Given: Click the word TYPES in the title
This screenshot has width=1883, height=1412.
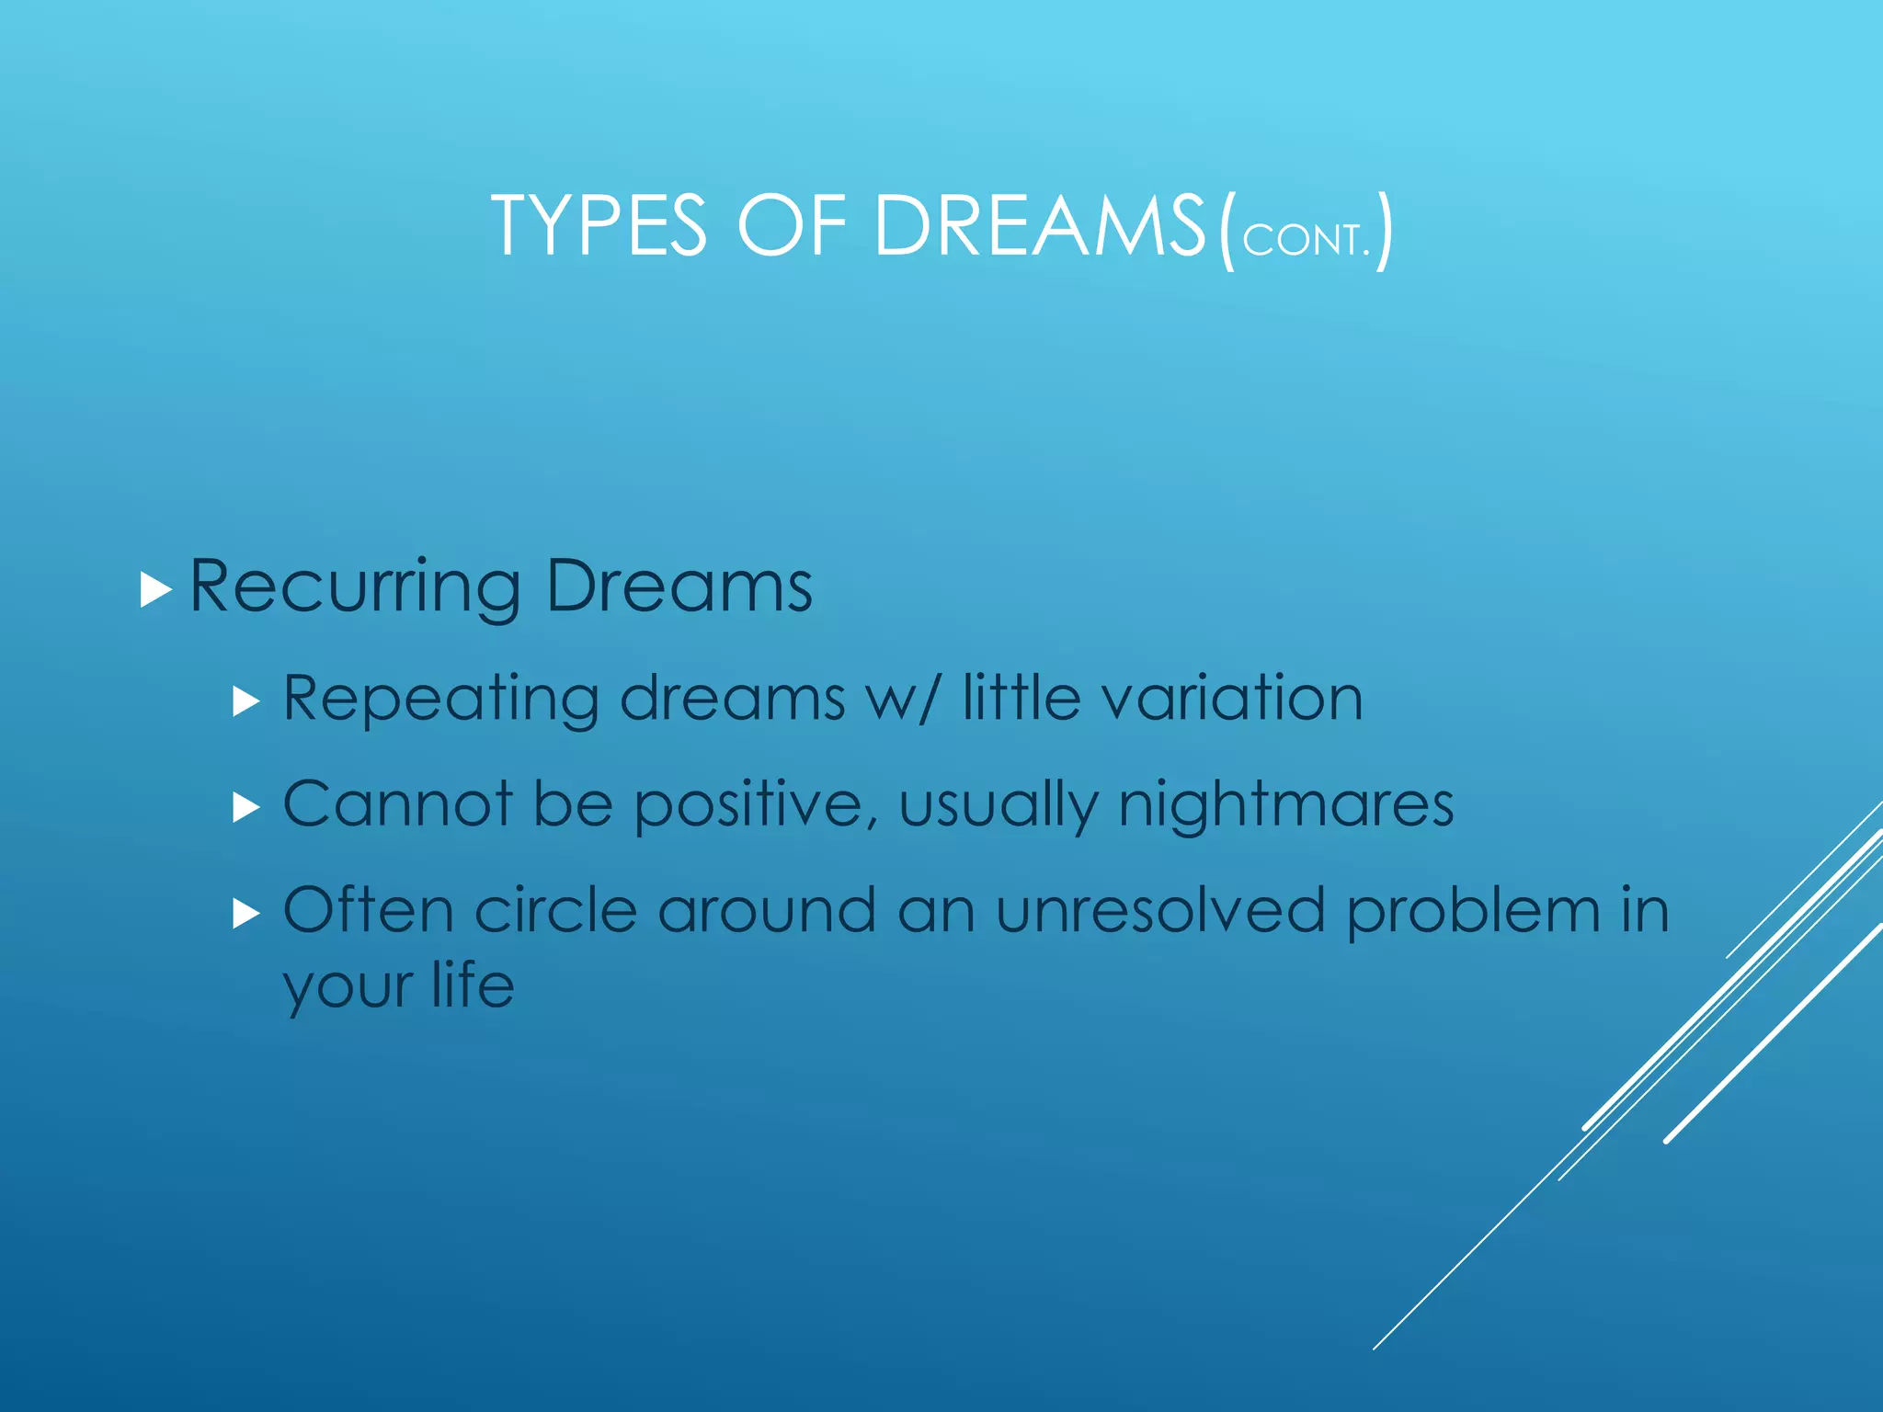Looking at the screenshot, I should coord(599,226).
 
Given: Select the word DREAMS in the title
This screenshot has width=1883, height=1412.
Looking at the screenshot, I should coord(1039,226).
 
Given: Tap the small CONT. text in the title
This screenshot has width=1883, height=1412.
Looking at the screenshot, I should coord(1306,241).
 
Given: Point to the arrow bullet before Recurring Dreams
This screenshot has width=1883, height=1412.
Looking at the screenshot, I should coord(156,589).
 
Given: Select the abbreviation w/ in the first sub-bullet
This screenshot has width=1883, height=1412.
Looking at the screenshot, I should coord(905,699).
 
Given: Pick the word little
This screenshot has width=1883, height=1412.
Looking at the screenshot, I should coord(1021,698).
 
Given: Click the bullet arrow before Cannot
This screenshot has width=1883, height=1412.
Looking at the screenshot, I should coord(246,808).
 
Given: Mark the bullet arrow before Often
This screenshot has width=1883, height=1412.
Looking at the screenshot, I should coord(246,914).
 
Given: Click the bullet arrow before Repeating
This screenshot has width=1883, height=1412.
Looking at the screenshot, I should coord(246,703).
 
